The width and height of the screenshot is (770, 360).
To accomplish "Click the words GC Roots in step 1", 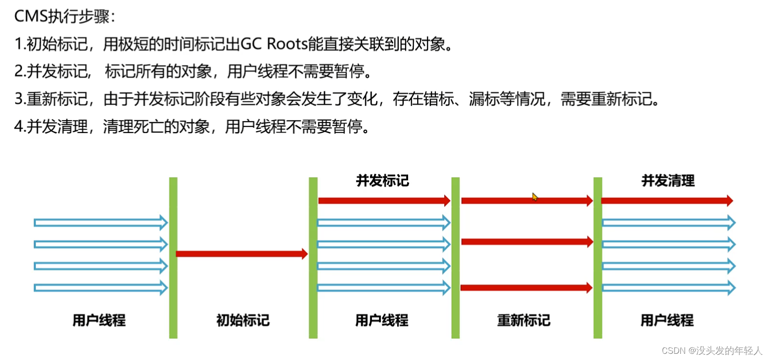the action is click(274, 44).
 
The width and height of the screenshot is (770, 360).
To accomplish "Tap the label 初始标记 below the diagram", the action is click(243, 320).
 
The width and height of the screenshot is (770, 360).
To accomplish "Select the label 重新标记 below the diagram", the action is click(524, 320).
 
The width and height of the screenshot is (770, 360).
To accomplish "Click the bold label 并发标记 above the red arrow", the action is click(382, 181).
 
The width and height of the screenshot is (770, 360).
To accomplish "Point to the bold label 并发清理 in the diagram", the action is click(668, 181).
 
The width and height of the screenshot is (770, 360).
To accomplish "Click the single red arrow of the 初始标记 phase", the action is click(242, 254).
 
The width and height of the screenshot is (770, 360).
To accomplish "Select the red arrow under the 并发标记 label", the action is click(384, 200).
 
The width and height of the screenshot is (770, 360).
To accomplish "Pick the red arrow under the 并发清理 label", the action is click(667, 200).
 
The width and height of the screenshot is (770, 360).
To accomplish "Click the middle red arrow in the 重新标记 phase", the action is click(527, 242).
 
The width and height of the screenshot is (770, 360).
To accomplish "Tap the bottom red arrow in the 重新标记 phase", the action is click(526, 288).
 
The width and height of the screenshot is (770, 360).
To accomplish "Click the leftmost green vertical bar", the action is click(173, 258).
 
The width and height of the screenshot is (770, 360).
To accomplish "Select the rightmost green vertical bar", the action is click(598, 258).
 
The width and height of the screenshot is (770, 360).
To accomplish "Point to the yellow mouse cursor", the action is click(534, 196).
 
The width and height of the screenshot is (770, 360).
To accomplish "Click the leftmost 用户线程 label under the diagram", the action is click(99, 320).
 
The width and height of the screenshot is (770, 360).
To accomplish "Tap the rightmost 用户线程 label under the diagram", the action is click(667, 320).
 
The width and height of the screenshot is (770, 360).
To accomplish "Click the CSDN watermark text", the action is click(711, 350).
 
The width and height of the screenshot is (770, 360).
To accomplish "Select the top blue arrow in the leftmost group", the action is click(101, 223).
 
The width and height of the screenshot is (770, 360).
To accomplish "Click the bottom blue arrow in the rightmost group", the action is click(668, 288).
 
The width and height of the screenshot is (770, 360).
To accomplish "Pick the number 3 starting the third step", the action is click(19, 99).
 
